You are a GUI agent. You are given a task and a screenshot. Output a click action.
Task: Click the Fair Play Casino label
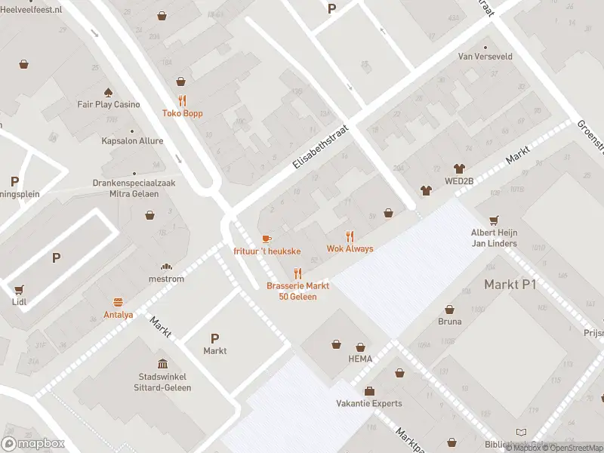[x=109, y=104]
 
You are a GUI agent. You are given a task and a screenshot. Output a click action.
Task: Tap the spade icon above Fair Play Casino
[x=108, y=92]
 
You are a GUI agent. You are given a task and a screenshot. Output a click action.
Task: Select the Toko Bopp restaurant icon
[x=182, y=100]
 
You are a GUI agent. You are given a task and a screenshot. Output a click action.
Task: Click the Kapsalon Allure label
[x=132, y=141]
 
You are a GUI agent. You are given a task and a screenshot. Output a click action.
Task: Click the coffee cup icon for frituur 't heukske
[x=267, y=239]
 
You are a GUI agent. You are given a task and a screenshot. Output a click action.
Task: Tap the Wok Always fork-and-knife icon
[x=350, y=236]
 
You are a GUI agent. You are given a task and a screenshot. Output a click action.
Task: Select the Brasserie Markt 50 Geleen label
[x=297, y=291]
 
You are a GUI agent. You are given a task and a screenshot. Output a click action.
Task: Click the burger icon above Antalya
[x=118, y=302]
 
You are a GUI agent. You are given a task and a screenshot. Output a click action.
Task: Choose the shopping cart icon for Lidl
[x=19, y=289]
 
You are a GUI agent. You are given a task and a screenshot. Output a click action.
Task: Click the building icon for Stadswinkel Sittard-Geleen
[x=164, y=364]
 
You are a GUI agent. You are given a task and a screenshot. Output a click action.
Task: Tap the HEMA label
[x=360, y=359]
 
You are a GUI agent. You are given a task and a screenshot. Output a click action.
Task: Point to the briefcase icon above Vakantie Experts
[x=369, y=391]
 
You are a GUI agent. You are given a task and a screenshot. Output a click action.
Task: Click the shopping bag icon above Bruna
[x=449, y=309]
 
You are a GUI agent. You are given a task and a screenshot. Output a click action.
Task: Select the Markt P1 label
[x=510, y=284]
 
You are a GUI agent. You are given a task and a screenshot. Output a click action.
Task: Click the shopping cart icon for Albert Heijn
[x=494, y=220]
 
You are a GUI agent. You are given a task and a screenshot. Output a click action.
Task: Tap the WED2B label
[x=458, y=181]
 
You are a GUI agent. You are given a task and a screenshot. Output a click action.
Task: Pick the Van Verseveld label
[x=485, y=57]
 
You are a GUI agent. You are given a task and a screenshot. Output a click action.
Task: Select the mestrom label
[x=167, y=279]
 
